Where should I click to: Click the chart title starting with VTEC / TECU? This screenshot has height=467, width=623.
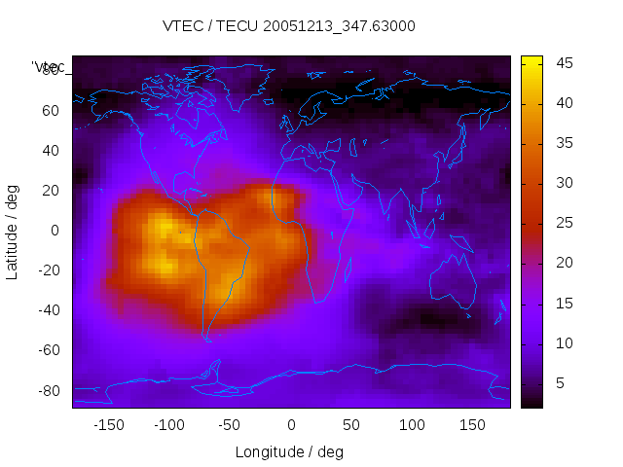[288, 26]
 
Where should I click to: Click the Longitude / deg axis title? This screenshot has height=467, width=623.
[289, 451]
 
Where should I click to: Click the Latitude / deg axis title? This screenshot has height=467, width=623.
[13, 231]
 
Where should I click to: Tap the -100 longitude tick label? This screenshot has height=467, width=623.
[168, 424]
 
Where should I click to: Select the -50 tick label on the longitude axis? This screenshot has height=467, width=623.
[230, 424]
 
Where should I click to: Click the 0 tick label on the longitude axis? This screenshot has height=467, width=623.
[291, 424]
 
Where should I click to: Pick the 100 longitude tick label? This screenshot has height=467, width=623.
[413, 424]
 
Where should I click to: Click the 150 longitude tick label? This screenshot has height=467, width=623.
[473, 424]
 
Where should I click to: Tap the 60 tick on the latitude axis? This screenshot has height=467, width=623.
[51, 110]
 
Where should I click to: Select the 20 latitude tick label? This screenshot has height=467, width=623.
[51, 190]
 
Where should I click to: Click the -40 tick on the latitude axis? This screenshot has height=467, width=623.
[48, 310]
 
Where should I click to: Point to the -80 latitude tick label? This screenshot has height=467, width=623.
[48, 390]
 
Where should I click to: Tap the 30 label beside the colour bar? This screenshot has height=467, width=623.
[564, 184]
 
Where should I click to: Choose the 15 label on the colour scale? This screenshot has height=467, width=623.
[564, 304]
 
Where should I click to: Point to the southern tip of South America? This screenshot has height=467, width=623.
[207, 339]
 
